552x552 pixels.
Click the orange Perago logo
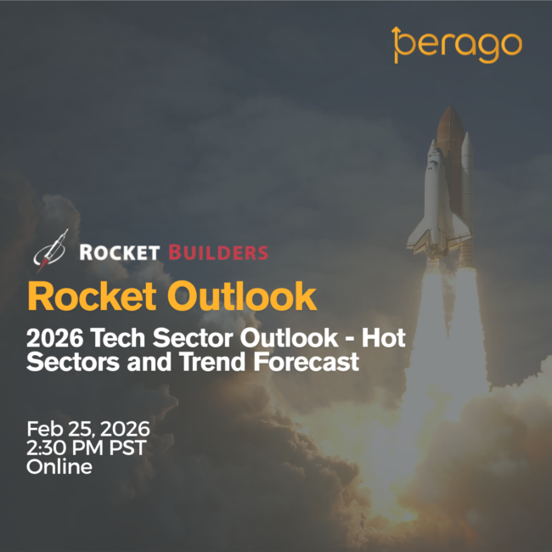tap(457, 45)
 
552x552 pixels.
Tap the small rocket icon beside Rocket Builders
tap(50, 251)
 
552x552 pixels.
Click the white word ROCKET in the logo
tap(120, 252)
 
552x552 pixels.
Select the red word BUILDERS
tap(218, 252)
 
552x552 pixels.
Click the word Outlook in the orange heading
tap(242, 296)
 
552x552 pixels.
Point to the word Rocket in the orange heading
tap(92, 296)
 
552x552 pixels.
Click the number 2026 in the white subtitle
tap(55, 338)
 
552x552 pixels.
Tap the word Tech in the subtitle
tap(118, 338)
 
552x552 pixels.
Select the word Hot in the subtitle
tap(384, 338)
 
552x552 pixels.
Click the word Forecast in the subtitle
tap(307, 362)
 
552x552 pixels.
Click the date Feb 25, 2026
tap(88, 429)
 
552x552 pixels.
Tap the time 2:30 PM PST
tap(87, 448)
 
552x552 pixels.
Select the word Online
tap(59, 467)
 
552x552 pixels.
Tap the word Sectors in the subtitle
tap(73, 362)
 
